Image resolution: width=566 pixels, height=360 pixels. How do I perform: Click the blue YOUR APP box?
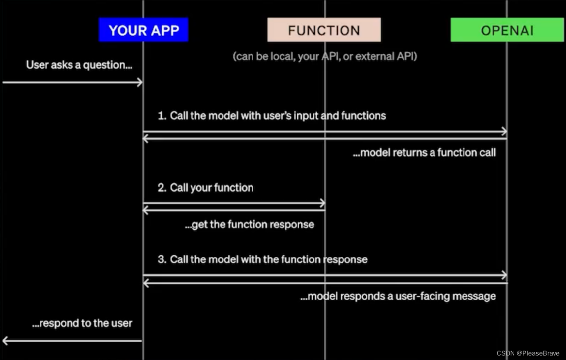[143, 30]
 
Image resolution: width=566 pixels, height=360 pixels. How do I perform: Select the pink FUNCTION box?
[324, 30]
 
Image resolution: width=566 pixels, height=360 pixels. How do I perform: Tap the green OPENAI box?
[507, 30]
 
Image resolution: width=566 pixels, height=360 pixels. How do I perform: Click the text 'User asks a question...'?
[79, 65]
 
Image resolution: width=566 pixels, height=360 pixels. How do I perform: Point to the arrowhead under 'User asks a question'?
[140, 82]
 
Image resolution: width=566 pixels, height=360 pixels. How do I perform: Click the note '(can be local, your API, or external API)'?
[325, 56]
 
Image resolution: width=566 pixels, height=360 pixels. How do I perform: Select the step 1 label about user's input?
[272, 116]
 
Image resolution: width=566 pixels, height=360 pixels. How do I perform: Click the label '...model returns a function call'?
[424, 153]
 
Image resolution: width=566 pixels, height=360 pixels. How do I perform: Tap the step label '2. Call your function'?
[205, 188]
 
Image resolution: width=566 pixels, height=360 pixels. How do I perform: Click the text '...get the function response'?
[249, 224]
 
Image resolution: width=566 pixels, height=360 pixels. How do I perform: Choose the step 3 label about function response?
[262, 259]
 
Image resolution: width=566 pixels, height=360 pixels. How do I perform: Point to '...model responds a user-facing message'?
[398, 296]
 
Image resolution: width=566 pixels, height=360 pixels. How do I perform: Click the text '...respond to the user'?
[82, 323]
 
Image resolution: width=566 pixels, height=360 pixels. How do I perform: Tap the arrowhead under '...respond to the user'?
[5, 340]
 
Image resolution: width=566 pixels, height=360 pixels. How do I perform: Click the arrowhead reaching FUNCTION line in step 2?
[322, 203]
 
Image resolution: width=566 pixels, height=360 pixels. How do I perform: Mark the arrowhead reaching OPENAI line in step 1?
[504, 131]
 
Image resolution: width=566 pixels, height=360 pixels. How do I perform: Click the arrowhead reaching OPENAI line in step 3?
[504, 275]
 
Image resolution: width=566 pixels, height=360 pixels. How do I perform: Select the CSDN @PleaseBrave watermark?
[528, 353]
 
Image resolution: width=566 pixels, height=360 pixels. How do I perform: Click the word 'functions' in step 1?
[364, 116]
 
